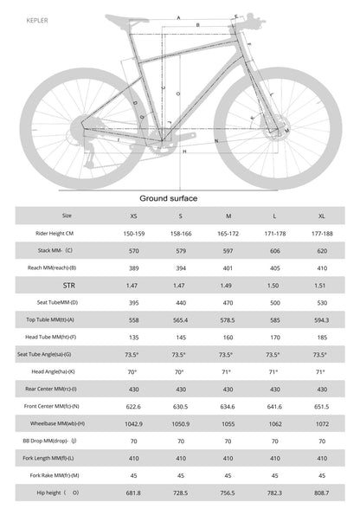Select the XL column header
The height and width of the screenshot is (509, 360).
(x=321, y=216)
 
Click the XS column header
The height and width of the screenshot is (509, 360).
(x=132, y=216)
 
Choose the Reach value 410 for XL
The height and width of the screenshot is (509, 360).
(x=321, y=268)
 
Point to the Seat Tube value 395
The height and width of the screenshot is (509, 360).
(x=132, y=301)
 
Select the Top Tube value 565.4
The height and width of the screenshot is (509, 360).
(x=180, y=319)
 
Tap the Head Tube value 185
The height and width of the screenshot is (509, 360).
(x=321, y=337)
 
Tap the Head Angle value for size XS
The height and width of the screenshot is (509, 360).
(x=132, y=370)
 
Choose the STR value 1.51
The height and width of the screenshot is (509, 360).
(x=321, y=283)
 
